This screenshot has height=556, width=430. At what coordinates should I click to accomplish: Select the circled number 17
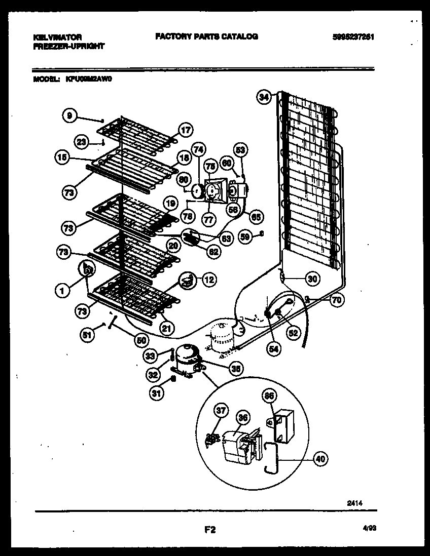[x=186, y=130]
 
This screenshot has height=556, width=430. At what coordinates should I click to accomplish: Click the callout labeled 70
[x=336, y=300]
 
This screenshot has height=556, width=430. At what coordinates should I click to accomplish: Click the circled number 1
[x=62, y=290]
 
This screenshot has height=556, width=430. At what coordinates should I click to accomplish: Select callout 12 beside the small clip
[x=208, y=278]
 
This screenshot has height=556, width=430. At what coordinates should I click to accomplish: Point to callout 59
[x=245, y=235]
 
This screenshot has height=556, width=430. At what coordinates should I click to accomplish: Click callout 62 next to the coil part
[x=214, y=251]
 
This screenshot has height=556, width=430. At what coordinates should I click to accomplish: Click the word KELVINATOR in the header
[x=57, y=37]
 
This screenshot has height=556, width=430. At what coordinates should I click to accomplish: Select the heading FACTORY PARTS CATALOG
[x=206, y=36]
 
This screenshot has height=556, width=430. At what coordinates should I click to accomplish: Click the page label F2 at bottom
[x=210, y=530]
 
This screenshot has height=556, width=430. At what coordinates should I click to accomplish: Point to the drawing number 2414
[x=354, y=504]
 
